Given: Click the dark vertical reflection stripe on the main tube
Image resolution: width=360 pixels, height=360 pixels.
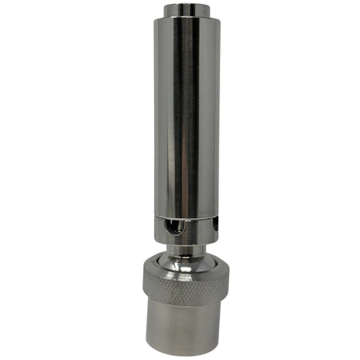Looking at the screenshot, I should click(195, 115).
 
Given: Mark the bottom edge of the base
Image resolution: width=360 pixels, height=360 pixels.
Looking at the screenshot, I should click(186, 353).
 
